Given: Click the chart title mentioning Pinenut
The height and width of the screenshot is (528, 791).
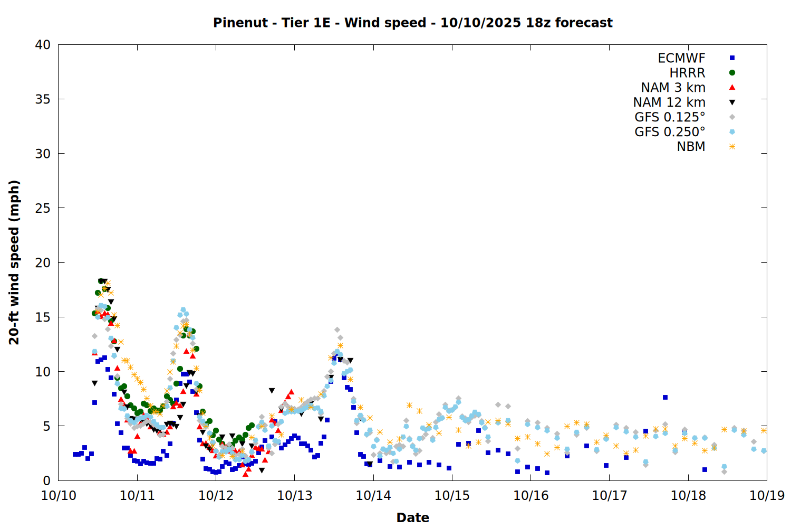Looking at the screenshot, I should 412,23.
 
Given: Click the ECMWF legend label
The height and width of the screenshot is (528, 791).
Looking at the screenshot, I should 681,58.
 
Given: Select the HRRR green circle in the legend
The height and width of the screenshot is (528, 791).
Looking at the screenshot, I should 732,73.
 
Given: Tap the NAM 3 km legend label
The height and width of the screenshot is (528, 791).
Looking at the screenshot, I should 673,88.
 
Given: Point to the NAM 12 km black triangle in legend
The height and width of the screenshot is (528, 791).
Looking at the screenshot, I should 732,102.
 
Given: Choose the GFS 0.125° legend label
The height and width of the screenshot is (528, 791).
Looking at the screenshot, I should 670,117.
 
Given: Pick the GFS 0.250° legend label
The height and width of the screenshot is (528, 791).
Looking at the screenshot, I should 670,132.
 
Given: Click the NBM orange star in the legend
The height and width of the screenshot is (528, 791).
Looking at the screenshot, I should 732,147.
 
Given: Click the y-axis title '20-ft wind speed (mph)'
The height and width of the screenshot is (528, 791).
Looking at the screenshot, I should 14,262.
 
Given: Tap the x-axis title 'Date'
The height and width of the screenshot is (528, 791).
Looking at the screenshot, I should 412,517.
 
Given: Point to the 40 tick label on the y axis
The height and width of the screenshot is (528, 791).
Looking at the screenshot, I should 43,45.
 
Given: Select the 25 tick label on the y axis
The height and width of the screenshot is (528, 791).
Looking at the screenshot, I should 43,208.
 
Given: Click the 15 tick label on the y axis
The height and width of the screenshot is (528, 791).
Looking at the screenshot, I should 43,317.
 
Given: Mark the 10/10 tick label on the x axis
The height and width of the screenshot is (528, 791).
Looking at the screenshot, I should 59,496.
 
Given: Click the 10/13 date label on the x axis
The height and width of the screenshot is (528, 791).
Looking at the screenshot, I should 295,496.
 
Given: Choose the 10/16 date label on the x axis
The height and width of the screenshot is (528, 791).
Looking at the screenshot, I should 531,496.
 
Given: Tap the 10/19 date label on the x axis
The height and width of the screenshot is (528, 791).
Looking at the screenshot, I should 767,496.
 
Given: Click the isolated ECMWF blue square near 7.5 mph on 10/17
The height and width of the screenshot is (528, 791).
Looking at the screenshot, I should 665,397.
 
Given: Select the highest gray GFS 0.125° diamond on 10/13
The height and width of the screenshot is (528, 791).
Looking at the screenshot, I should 337,330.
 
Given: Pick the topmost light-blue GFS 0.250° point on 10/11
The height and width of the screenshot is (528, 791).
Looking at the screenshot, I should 183,310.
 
